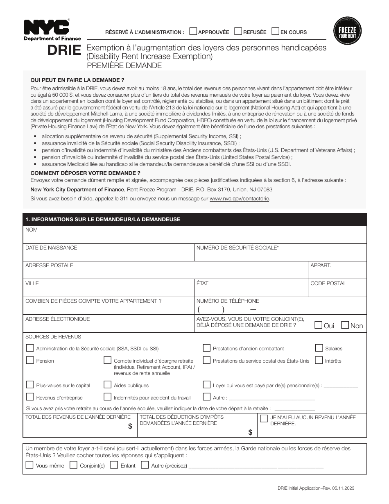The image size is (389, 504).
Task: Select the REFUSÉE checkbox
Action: coord(238,32)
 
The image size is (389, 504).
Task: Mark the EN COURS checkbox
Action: coord(276,32)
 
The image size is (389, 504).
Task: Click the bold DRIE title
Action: coord(64,50)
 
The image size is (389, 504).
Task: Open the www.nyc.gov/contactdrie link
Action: coord(240,199)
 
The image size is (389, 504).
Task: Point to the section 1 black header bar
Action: coord(194,220)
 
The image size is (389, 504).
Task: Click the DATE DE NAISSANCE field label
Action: coord(51,248)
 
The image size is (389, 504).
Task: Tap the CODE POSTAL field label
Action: coord(328,284)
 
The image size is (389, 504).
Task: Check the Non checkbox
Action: coord(345,325)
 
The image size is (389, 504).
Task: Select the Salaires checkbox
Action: coord(319,348)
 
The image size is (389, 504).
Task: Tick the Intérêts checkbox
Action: coord(319,360)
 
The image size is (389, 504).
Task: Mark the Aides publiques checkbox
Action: coord(107,385)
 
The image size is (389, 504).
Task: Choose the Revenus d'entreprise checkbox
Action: coord(30,397)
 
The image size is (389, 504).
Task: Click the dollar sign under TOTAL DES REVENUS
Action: coord(130,427)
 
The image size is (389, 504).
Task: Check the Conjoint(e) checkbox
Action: coord(74,465)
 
